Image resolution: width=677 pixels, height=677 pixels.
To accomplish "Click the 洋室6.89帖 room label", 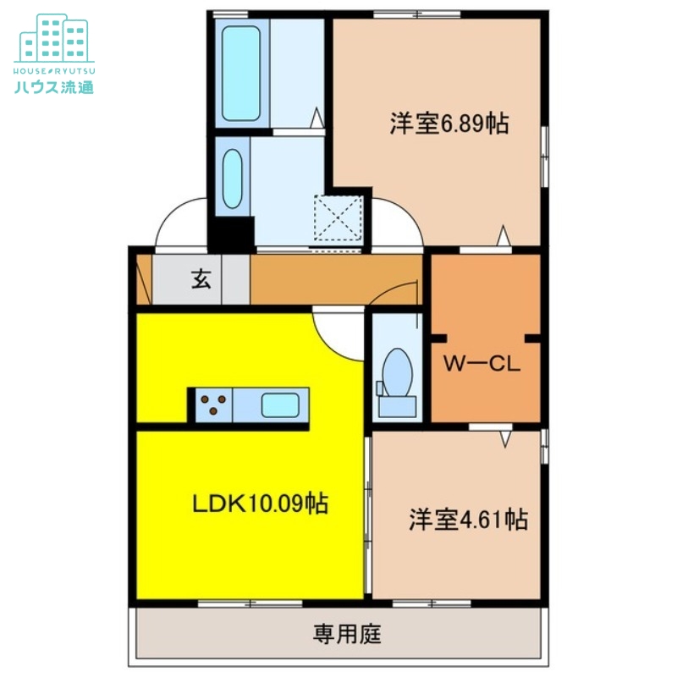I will (x=449, y=125).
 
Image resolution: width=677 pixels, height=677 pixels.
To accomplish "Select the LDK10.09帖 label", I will (x=259, y=504).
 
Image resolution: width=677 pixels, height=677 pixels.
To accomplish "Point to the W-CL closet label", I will (x=482, y=366).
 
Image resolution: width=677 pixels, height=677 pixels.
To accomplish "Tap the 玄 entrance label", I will (x=201, y=278).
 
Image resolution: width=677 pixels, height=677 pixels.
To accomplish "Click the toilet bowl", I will (x=396, y=371).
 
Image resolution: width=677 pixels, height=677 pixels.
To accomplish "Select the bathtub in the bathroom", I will (x=241, y=73).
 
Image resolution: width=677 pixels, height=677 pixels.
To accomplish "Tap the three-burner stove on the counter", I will (x=213, y=405).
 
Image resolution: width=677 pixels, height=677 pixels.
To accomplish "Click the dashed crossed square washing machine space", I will (x=338, y=219).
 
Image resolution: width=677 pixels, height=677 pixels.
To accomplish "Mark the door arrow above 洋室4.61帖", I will (x=505, y=438).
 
